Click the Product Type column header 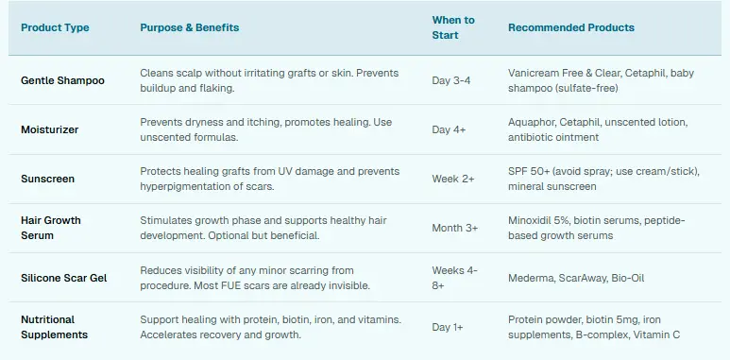click(55, 27)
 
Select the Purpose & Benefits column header click(189, 27)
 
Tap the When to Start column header click(453, 27)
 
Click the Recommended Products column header click(571, 27)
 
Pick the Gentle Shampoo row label click(62, 80)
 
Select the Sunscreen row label click(47, 179)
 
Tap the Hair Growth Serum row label click(51, 228)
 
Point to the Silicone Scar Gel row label click(65, 278)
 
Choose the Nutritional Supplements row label click(54, 327)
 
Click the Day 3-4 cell click(451, 80)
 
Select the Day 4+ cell click(450, 129)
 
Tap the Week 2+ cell click(453, 179)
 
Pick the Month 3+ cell click(455, 228)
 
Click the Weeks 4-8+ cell click(455, 277)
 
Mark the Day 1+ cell click(449, 327)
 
